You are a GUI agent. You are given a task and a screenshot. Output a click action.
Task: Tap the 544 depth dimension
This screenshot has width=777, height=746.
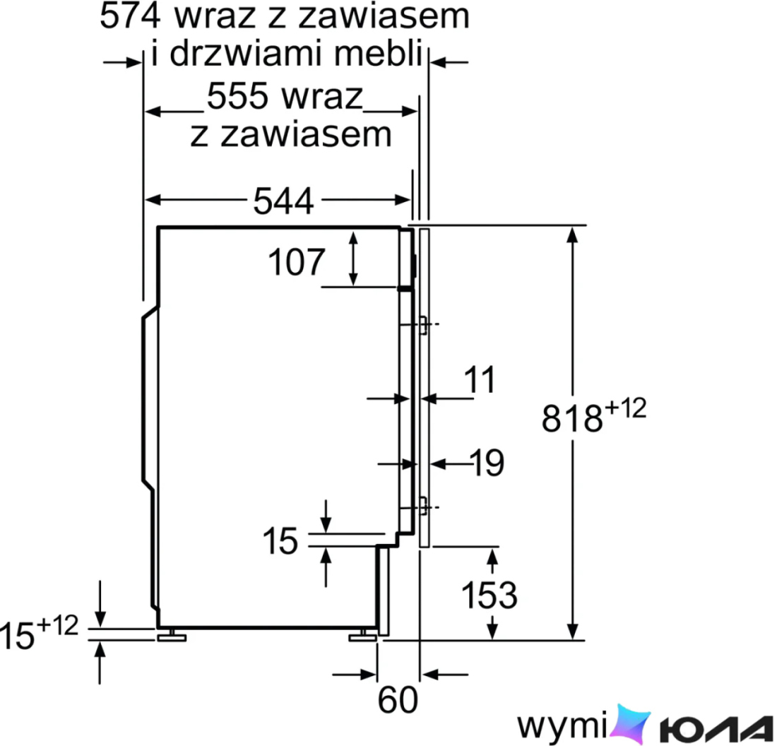click(283, 201)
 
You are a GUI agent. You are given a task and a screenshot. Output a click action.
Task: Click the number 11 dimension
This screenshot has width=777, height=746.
click(480, 379)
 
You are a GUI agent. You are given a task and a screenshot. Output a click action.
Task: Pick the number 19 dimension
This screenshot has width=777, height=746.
click(489, 463)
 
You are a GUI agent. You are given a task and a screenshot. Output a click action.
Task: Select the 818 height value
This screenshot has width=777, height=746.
click(572, 419)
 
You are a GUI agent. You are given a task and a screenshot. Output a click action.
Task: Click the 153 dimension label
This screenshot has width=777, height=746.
click(489, 594)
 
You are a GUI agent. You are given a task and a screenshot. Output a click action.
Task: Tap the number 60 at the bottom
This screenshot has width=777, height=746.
click(398, 699)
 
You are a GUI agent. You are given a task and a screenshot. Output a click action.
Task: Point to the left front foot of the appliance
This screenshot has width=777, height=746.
click(172, 636)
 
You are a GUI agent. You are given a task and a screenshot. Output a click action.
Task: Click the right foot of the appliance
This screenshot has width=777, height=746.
click(363, 636)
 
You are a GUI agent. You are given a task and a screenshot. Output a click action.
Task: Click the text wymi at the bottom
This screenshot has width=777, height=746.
click(562, 726)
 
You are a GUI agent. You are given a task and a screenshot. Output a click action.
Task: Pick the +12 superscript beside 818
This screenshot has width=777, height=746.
click(625, 409)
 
